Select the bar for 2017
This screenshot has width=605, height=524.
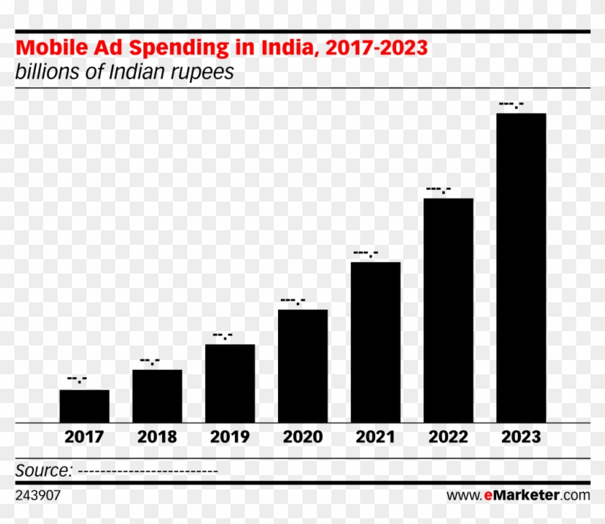(84, 406)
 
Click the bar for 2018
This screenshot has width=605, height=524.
(157, 396)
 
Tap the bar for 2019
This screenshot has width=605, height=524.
(230, 383)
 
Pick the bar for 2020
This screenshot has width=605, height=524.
(302, 366)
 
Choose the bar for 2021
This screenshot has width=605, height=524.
(375, 342)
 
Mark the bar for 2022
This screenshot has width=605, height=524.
(448, 310)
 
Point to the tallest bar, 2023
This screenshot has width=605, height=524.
(521, 268)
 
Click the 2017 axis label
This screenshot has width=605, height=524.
(84, 437)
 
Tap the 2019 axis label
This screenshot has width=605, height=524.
(230, 437)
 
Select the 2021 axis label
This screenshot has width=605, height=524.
(375, 437)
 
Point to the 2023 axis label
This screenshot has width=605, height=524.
(521, 437)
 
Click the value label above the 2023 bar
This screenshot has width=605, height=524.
(511, 105)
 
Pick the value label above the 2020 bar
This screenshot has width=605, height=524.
(292, 301)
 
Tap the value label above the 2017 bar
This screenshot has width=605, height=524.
(77, 379)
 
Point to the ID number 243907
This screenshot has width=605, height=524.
(38, 495)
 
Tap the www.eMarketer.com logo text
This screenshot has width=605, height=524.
(518, 495)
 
